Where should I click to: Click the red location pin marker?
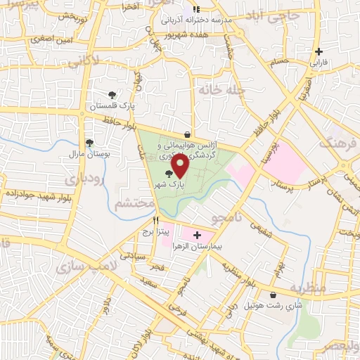(180, 166)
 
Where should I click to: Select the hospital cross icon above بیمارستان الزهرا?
(197, 235)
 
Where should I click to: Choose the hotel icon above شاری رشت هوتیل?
(273, 295)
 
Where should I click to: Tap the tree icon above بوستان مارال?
(89, 143)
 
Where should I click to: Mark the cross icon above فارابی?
(319, 51)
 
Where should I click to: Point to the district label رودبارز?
(85, 176)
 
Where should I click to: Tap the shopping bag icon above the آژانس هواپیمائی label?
(187, 134)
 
